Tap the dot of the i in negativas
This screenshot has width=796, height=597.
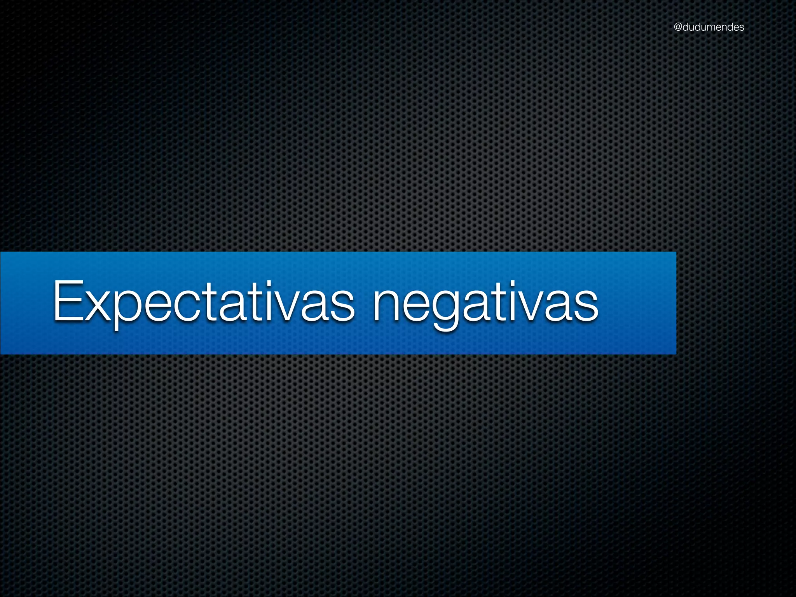point(520,285)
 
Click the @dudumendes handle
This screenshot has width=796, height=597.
point(709,27)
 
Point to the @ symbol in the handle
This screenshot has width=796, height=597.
point(678,27)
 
